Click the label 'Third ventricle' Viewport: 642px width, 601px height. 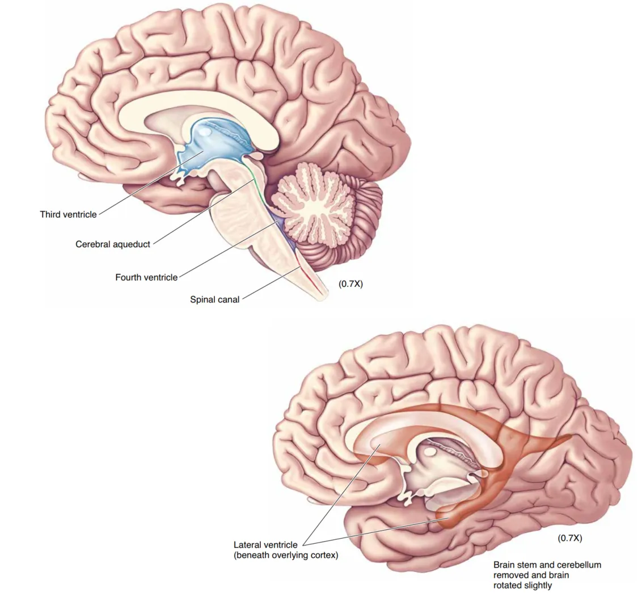point(68,214)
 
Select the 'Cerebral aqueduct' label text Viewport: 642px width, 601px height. point(113,244)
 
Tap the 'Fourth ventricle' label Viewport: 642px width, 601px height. point(146,277)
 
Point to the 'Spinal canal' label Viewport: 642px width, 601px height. point(214,299)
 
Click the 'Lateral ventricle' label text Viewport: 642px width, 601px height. point(265,545)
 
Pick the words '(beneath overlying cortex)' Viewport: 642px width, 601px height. point(286,556)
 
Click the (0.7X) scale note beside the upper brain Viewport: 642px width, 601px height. point(350,284)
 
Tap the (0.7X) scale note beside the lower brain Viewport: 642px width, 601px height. point(570,537)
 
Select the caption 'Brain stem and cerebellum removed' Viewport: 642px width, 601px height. point(547,565)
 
